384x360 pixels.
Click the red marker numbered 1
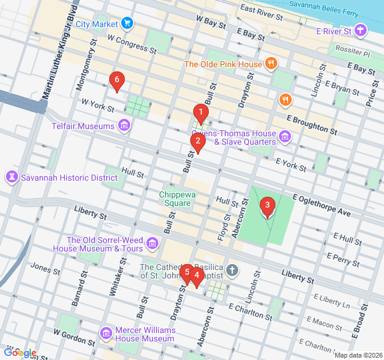pyautogui.click(x=200, y=112)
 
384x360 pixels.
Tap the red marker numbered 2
pyautogui.click(x=197, y=142)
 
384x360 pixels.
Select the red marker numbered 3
pyautogui.click(x=267, y=207)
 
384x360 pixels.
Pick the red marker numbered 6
pyautogui.click(x=116, y=80)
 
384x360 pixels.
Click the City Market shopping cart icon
pyautogui.click(x=127, y=23)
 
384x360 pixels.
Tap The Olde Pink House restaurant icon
pyautogui.click(x=271, y=64)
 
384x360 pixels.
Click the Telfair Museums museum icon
pyautogui.click(x=124, y=126)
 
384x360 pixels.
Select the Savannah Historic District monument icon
pyautogui.click(x=11, y=178)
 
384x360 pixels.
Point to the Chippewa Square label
pyautogui.click(x=175, y=199)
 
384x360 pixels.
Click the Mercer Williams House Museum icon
pyautogui.click(x=106, y=333)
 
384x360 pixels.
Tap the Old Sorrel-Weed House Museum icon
pyautogui.click(x=152, y=244)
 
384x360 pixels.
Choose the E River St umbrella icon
pyautogui.click(x=360, y=30)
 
